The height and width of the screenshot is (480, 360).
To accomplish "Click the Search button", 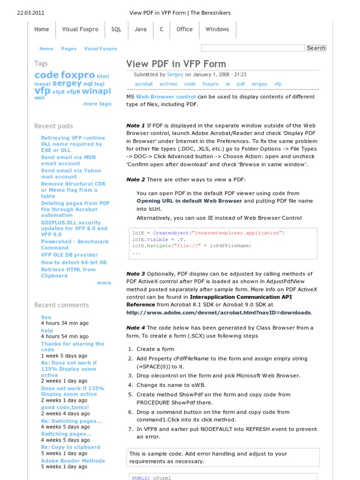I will point(316,48).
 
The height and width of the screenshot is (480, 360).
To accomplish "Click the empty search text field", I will point(253,48).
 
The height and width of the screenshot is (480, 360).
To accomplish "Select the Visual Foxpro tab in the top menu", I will point(80,29).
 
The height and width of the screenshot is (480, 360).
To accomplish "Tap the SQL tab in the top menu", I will point(116,29).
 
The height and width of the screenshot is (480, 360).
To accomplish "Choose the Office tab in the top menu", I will point(184,29).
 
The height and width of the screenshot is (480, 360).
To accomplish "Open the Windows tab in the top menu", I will point(217,29).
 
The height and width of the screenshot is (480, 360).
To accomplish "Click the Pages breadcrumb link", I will point(68,49).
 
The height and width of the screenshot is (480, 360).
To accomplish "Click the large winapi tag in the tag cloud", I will point(97,91).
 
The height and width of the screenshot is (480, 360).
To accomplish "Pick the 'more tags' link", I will point(97,104).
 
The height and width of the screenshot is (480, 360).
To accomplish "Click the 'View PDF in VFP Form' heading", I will point(176,64).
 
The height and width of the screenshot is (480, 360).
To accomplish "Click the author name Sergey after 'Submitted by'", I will point(175,75).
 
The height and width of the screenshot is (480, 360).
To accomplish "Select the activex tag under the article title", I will point(168,84).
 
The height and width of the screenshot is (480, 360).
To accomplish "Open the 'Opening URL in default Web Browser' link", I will point(189,201).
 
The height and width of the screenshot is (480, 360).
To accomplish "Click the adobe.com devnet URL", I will point(218,313).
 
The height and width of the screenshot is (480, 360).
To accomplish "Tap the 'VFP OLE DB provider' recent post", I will point(69,255).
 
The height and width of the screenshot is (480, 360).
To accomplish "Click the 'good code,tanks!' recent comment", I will point(65,408).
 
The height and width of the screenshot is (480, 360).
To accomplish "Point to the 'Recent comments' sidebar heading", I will point(61,305).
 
